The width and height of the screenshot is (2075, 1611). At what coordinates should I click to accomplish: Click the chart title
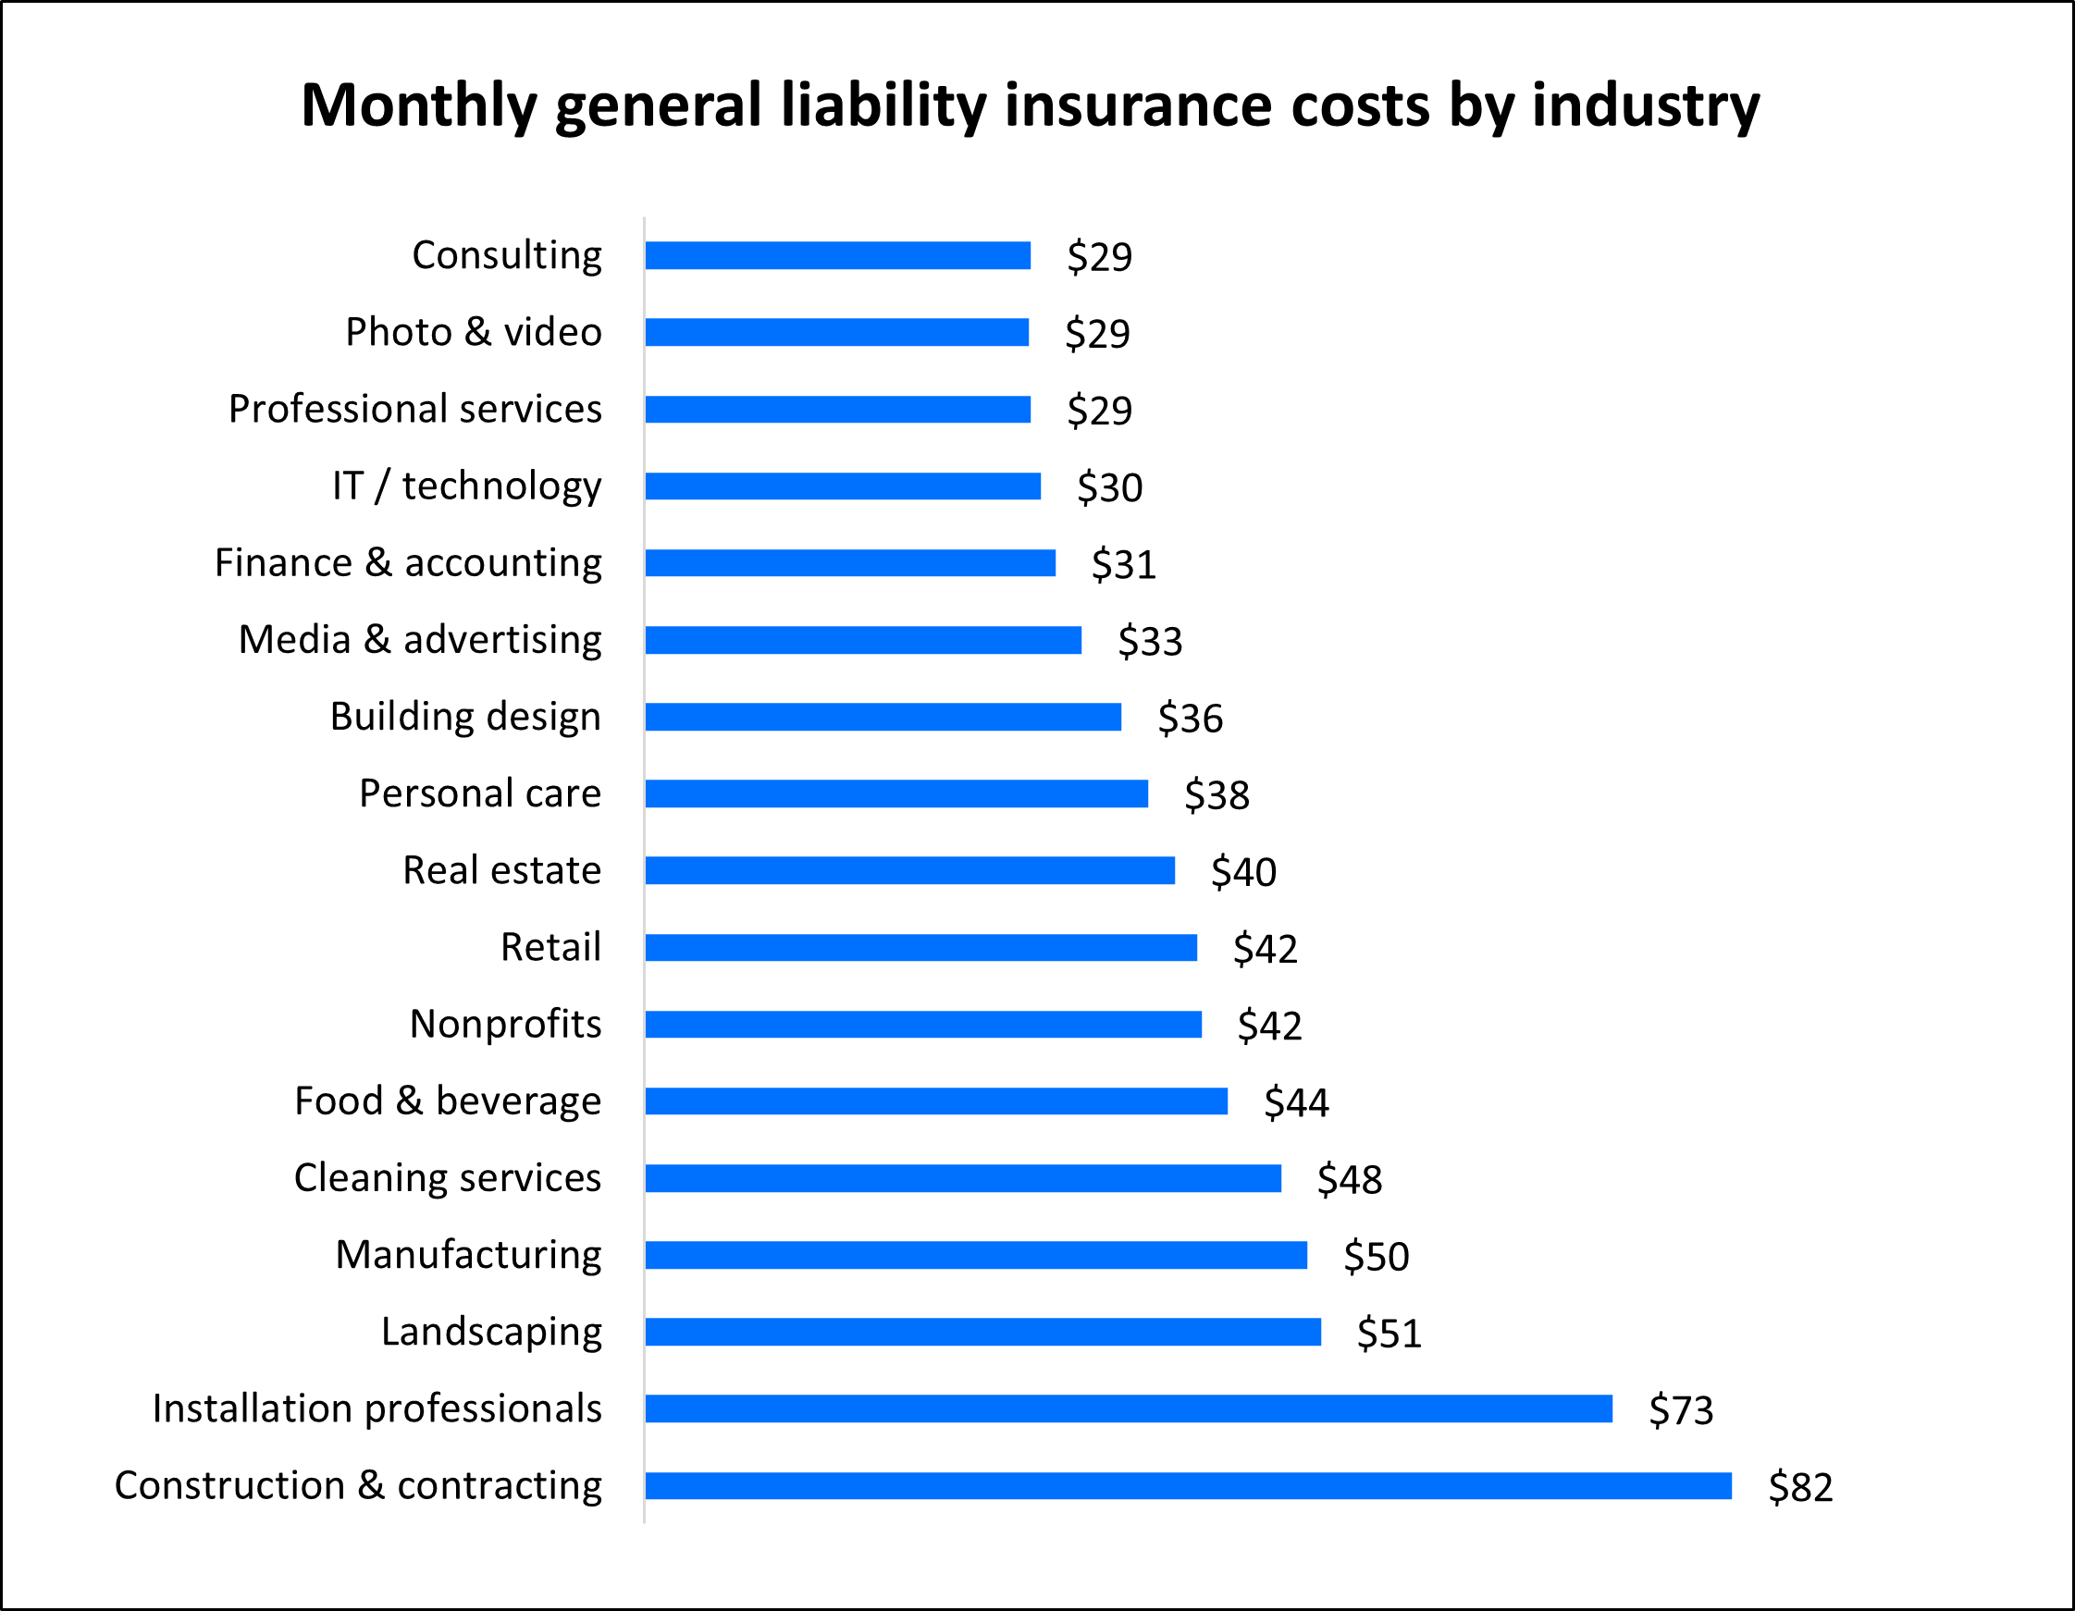pos(1030,105)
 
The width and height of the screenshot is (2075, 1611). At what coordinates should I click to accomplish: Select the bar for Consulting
pos(837,255)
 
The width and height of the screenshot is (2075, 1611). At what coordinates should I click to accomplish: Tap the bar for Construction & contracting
pos(1188,1485)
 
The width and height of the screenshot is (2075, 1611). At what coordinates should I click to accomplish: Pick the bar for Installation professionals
pos(1128,1408)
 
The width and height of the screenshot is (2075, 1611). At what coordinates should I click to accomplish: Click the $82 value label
pos(1799,1486)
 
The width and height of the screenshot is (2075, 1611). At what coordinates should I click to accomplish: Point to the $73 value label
pos(1680,1409)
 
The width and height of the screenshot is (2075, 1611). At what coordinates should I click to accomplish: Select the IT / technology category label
pos(466,486)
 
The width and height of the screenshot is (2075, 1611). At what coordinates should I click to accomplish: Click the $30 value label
pos(1109,487)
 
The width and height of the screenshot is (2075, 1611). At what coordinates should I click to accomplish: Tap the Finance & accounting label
pos(408,562)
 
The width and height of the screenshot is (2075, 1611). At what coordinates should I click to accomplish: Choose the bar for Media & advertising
pos(863,640)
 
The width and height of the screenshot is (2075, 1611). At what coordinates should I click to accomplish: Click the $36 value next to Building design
pos(1190,719)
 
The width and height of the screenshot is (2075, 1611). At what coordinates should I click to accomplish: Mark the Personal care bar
pos(895,794)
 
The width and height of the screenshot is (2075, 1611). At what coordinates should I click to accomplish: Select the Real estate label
pos(501,870)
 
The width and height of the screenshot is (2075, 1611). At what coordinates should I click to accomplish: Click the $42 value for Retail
pos(1265,949)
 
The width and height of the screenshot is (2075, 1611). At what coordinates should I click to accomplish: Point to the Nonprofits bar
pos(922,1024)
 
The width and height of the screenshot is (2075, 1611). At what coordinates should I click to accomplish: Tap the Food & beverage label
pos(448,1101)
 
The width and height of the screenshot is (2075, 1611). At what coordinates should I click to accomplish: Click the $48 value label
pos(1349,1180)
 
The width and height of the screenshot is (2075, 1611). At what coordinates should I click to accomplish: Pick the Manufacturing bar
pos(976,1255)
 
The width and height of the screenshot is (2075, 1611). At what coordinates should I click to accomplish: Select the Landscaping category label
pos(491,1332)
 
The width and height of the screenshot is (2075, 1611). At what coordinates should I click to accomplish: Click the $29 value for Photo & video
pos(1096,334)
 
